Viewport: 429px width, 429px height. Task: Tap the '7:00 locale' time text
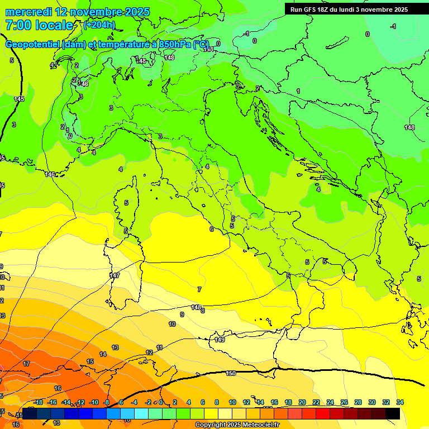coord(39,25)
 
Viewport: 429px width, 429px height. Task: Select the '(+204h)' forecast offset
coord(99,25)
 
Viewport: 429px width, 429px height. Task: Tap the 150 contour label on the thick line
coord(231,373)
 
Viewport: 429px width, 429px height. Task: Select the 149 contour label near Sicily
coord(220,340)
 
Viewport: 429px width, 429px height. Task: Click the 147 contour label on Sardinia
coord(115,275)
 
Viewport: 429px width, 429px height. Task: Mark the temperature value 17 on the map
coord(26,364)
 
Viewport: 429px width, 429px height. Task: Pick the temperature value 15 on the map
coord(90,361)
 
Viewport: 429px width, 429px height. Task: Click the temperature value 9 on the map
coord(182,314)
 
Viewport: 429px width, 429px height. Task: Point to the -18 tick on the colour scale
coord(38,402)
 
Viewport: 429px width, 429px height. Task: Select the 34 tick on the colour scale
coord(399,402)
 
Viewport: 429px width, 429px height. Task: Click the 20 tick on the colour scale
coord(302,402)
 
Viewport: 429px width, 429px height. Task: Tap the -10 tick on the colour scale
coord(94,402)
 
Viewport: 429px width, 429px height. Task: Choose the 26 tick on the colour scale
coord(344,402)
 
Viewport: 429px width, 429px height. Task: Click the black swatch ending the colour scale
coord(393,413)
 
